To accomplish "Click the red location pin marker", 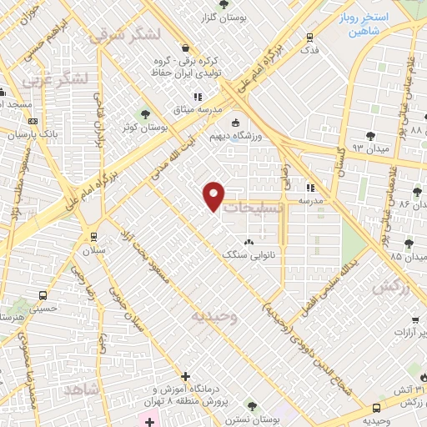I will tap(214, 196).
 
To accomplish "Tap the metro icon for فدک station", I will tap(310, 36).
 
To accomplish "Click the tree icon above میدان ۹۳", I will tap(370, 134).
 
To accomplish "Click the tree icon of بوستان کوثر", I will tap(147, 114).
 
